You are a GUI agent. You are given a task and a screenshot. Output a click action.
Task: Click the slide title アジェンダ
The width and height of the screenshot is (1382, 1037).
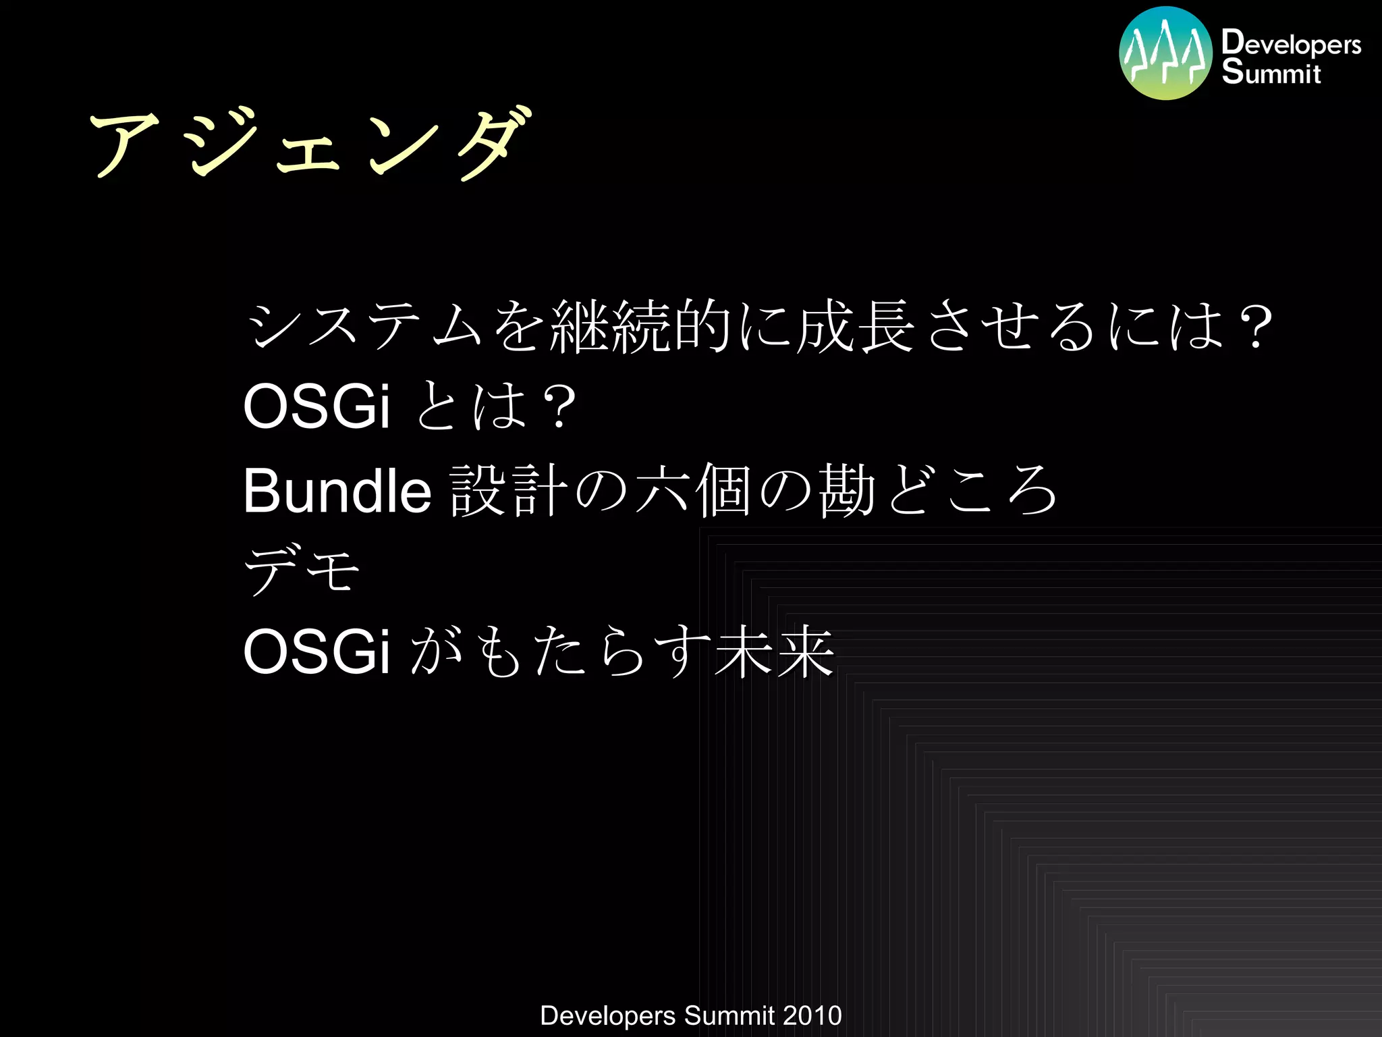click(310, 143)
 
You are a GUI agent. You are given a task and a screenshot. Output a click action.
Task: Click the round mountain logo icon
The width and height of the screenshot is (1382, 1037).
click(1165, 53)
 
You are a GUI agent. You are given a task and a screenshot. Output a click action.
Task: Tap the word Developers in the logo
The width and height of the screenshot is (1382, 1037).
click(1291, 43)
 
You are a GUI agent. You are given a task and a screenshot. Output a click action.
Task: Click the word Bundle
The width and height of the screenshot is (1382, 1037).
click(337, 491)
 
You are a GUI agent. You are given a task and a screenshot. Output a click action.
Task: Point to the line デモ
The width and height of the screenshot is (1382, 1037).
click(301, 571)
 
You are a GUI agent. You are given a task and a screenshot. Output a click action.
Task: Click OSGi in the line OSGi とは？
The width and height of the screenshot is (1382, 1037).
click(316, 406)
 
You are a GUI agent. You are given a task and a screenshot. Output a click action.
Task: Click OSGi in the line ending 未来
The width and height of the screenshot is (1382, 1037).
click(316, 652)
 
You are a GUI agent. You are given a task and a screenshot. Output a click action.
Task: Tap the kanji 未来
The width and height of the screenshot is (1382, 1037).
click(774, 652)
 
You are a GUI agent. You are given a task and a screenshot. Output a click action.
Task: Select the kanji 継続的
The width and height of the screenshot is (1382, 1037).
click(641, 327)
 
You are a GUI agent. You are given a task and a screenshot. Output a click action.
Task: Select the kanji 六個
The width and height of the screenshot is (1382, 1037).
click(694, 491)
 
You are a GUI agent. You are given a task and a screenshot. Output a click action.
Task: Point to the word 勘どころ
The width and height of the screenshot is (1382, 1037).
click(938, 491)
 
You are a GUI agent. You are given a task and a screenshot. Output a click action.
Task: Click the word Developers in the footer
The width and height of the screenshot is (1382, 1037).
click(607, 1015)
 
